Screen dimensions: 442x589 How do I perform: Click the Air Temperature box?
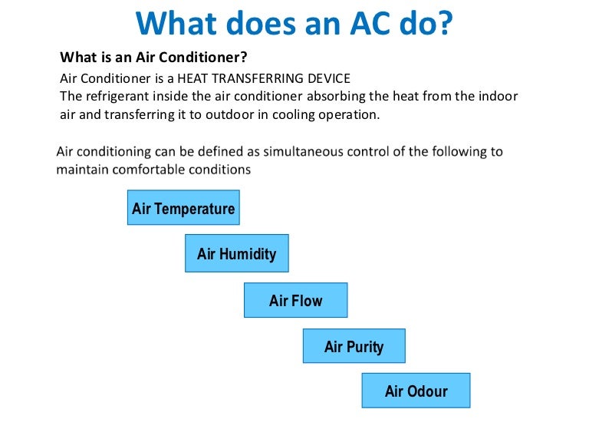coord(183,208)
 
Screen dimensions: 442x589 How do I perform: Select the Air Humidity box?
coord(236,253)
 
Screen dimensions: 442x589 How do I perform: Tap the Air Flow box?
coord(295,301)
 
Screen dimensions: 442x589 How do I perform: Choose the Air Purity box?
coord(354,347)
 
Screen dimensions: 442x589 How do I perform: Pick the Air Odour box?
coord(416,391)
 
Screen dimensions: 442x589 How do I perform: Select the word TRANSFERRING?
coord(286,78)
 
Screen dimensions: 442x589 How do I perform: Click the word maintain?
coord(81,169)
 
